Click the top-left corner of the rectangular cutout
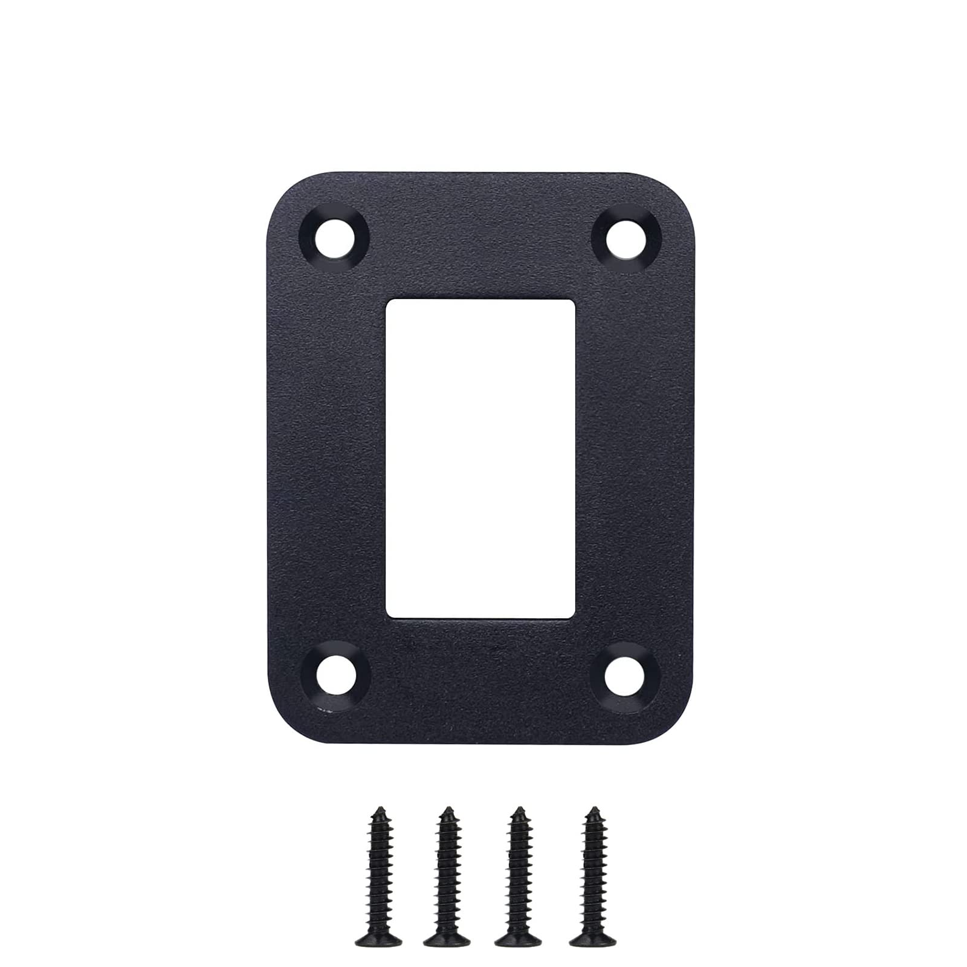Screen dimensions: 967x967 (x=388, y=300)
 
